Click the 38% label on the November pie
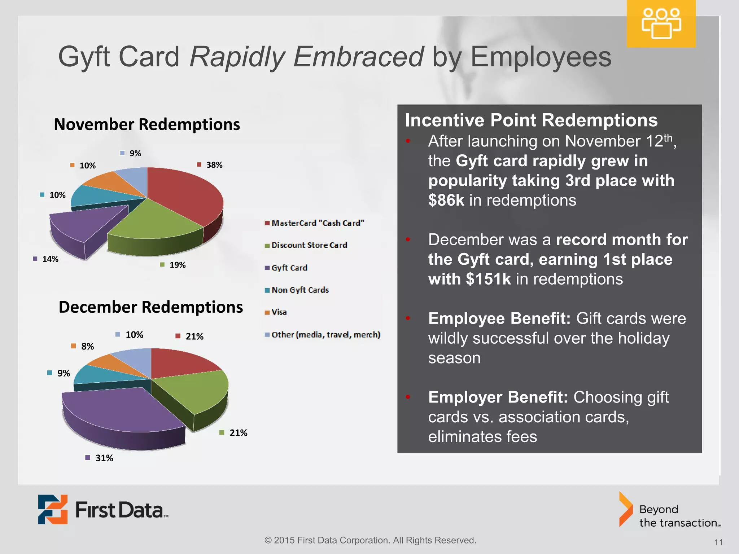click(214, 165)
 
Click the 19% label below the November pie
click(177, 265)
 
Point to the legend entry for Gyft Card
click(289, 268)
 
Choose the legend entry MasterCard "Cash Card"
click(318, 223)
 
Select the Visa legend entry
click(279, 312)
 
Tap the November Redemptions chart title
click(147, 124)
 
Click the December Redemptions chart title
click(150, 307)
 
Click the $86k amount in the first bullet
click(446, 201)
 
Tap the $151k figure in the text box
click(488, 279)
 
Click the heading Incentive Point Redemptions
click(531, 120)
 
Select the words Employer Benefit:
click(498, 397)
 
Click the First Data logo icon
click(53, 509)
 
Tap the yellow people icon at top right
click(661, 24)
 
